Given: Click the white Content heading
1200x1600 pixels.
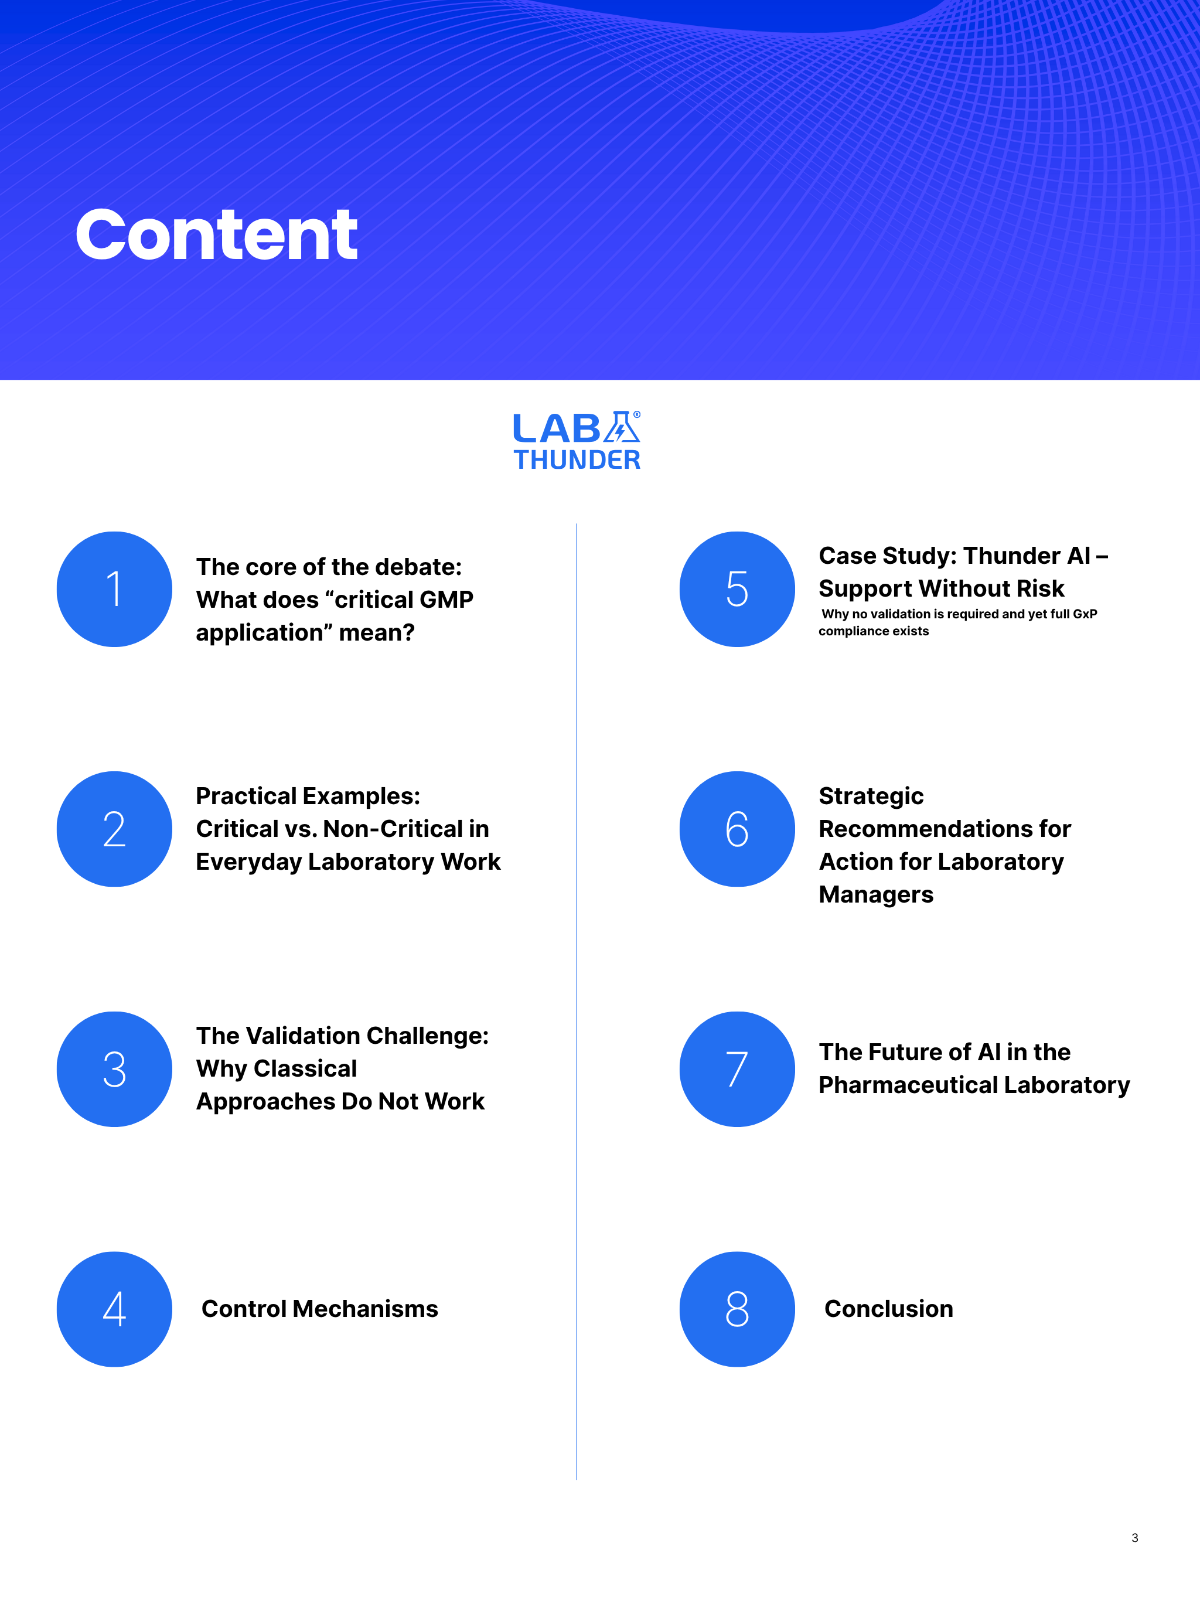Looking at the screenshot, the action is tap(216, 234).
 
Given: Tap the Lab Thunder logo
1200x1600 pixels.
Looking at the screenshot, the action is tap(577, 441).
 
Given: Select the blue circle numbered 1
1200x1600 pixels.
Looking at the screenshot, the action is tap(114, 589).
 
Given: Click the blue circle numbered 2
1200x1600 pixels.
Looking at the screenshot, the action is tap(114, 829).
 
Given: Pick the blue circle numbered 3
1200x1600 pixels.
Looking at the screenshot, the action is tap(114, 1068).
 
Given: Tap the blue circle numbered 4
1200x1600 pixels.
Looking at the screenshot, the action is tap(114, 1309).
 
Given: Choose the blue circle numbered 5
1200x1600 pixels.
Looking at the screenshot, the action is tap(737, 589).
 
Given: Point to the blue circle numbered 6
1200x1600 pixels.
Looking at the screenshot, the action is tap(737, 829).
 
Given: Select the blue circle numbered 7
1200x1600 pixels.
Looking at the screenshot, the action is tap(737, 1068).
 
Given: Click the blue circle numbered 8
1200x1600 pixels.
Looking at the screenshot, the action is tap(737, 1309).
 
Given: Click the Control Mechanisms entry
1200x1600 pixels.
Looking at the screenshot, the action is tap(320, 1309).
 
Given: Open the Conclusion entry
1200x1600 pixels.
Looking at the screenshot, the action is tap(888, 1309).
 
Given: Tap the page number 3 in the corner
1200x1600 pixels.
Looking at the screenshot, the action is tap(1134, 1538).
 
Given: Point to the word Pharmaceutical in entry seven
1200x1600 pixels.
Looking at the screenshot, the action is tap(907, 1085).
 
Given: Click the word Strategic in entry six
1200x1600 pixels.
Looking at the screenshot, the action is tap(871, 796).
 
